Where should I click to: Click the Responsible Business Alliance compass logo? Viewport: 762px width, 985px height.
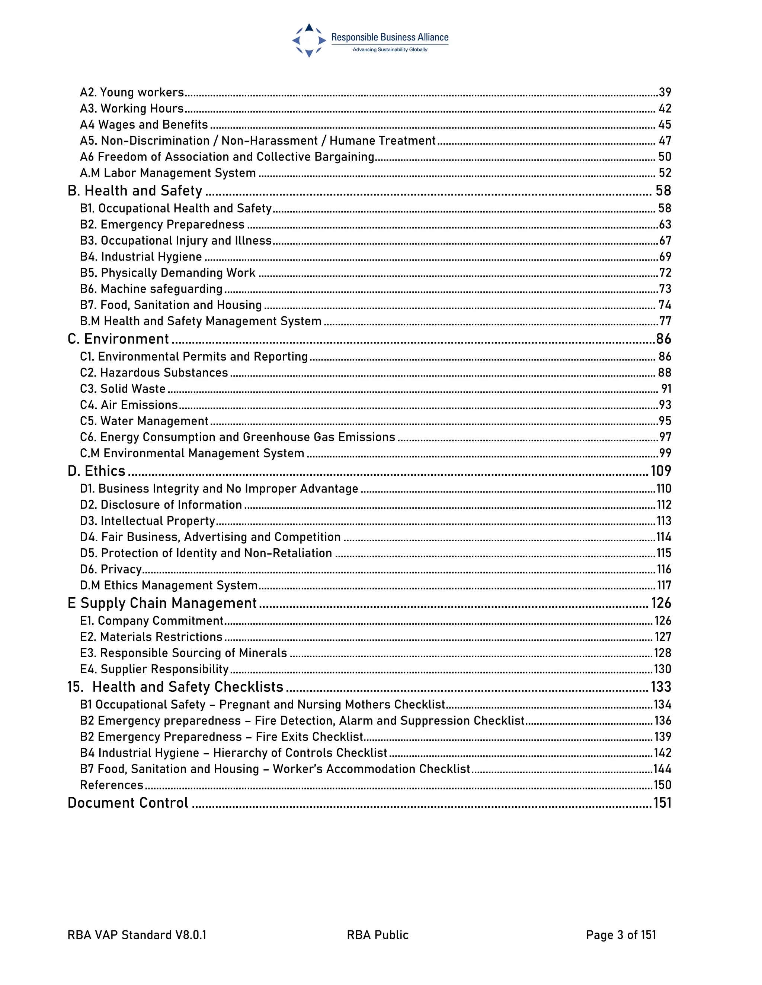[x=309, y=41]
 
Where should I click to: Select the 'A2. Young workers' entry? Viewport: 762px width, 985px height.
[x=132, y=93]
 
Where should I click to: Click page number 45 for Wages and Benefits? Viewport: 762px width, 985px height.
[x=665, y=125]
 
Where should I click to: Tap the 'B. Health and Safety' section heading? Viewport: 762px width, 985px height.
[x=135, y=191]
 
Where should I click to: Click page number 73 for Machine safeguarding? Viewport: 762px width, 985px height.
[x=665, y=289]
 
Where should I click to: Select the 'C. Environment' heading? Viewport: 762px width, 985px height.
[x=118, y=339]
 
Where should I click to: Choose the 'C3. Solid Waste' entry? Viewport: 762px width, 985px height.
[x=123, y=389]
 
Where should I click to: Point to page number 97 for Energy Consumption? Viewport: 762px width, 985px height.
[x=665, y=437]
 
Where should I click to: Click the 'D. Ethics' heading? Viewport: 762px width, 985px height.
[x=96, y=471]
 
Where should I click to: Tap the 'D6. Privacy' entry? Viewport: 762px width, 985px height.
[x=111, y=569]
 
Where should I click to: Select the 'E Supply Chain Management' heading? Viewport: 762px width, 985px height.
[x=161, y=603]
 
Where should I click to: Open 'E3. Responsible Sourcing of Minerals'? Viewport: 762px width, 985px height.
[x=183, y=653]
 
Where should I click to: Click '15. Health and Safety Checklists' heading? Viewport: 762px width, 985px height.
[x=175, y=687]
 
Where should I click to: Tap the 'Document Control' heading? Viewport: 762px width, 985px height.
[x=128, y=803]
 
